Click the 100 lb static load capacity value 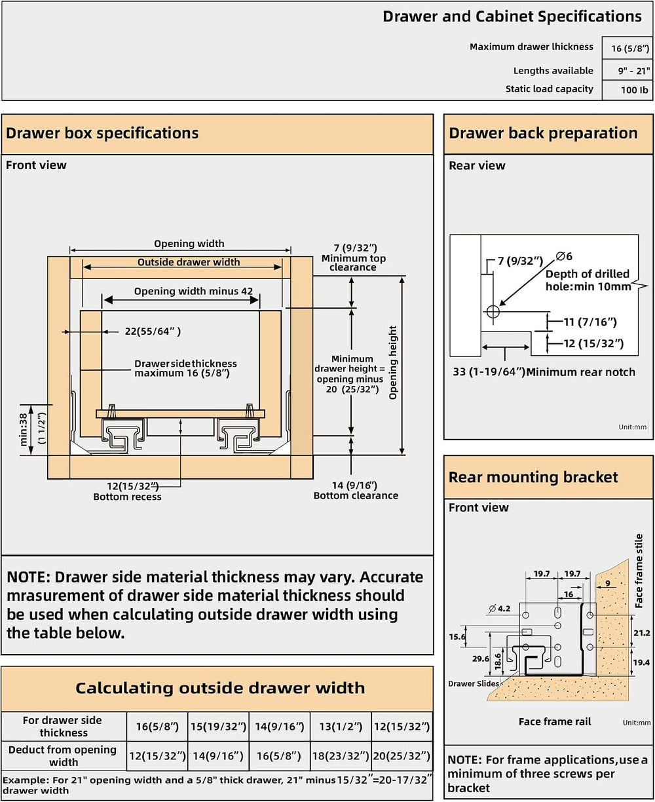pyautogui.click(x=634, y=90)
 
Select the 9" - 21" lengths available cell pyautogui.click(x=633, y=71)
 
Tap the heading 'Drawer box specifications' pyautogui.click(x=102, y=133)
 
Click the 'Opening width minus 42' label pyautogui.click(x=193, y=292)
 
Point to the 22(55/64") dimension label pyautogui.click(x=153, y=332)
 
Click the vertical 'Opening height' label pyautogui.click(x=393, y=362)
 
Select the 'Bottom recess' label pyautogui.click(x=127, y=497)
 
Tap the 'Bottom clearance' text pyautogui.click(x=356, y=495)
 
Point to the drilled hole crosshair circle pyautogui.click(x=493, y=311)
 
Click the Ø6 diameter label pyautogui.click(x=564, y=256)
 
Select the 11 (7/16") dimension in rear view pyautogui.click(x=590, y=322)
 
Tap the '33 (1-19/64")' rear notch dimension pyautogui.click(x=489, y=372)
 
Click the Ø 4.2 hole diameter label pyautogui.click(x=499, y=609)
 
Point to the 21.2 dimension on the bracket pyautogui.click(x=642, y=633)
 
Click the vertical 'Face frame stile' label pyautogui.click(x=639, y=571)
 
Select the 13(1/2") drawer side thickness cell pyautogui.click(x=341, y=727)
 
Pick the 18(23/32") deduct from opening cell pyautogui.click(x=341, y=756)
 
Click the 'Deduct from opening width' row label pyautogui.click(x=63, y=756)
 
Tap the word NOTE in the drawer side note pyautogui.click(x=29, y=577)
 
